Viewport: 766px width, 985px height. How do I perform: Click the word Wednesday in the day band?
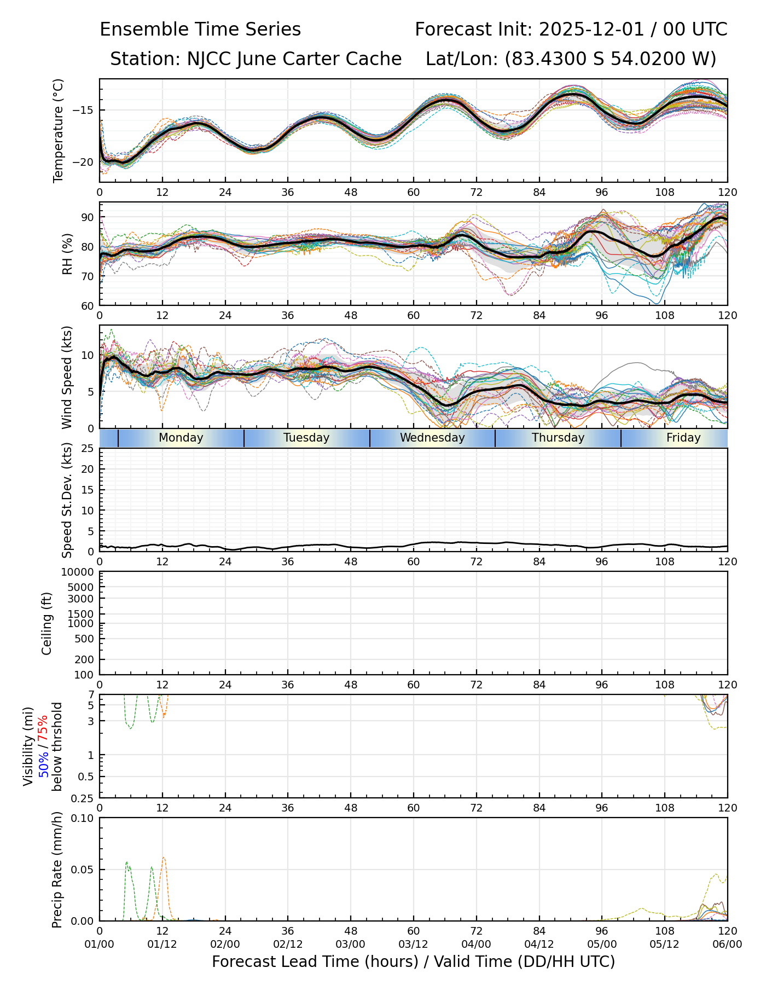click(x=432, y=438)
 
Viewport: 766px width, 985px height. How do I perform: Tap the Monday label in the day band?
click(x=181, y=438)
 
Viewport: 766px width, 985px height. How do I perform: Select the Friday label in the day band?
click(x=683, y=438)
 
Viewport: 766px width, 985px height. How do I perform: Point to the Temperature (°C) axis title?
click(x=59, y=130)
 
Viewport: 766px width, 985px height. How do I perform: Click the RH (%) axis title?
click(x=67, y=254)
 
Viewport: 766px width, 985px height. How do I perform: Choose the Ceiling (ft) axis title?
click(x=47, y=623)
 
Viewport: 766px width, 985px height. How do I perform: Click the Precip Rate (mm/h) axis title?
click(x=57, y=870)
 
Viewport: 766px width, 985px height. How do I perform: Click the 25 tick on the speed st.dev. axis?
click(x=88, y=449)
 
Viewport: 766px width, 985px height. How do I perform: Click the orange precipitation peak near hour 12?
click(x=164, y=857)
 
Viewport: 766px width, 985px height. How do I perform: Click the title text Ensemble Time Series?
click(x=200, y=29)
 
